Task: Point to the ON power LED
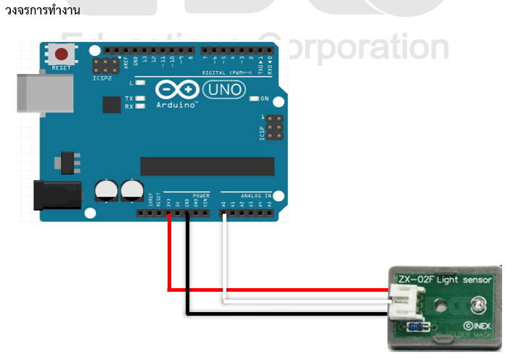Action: [x=253, y=99]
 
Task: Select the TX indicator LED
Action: [x=141, y=98]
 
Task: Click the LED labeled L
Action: [x=141, y=83]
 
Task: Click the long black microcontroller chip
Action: [x=207, y=166]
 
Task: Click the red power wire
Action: [x=276, y=290]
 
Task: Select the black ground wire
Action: [x=276, y=314]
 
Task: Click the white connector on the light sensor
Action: [x=401, y=301]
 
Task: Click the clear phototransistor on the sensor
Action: [x=475, y=305]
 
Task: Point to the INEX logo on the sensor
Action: [x=480, y=327]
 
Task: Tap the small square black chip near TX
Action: [x=111, y=106]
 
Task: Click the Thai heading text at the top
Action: [x=42, y=9]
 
